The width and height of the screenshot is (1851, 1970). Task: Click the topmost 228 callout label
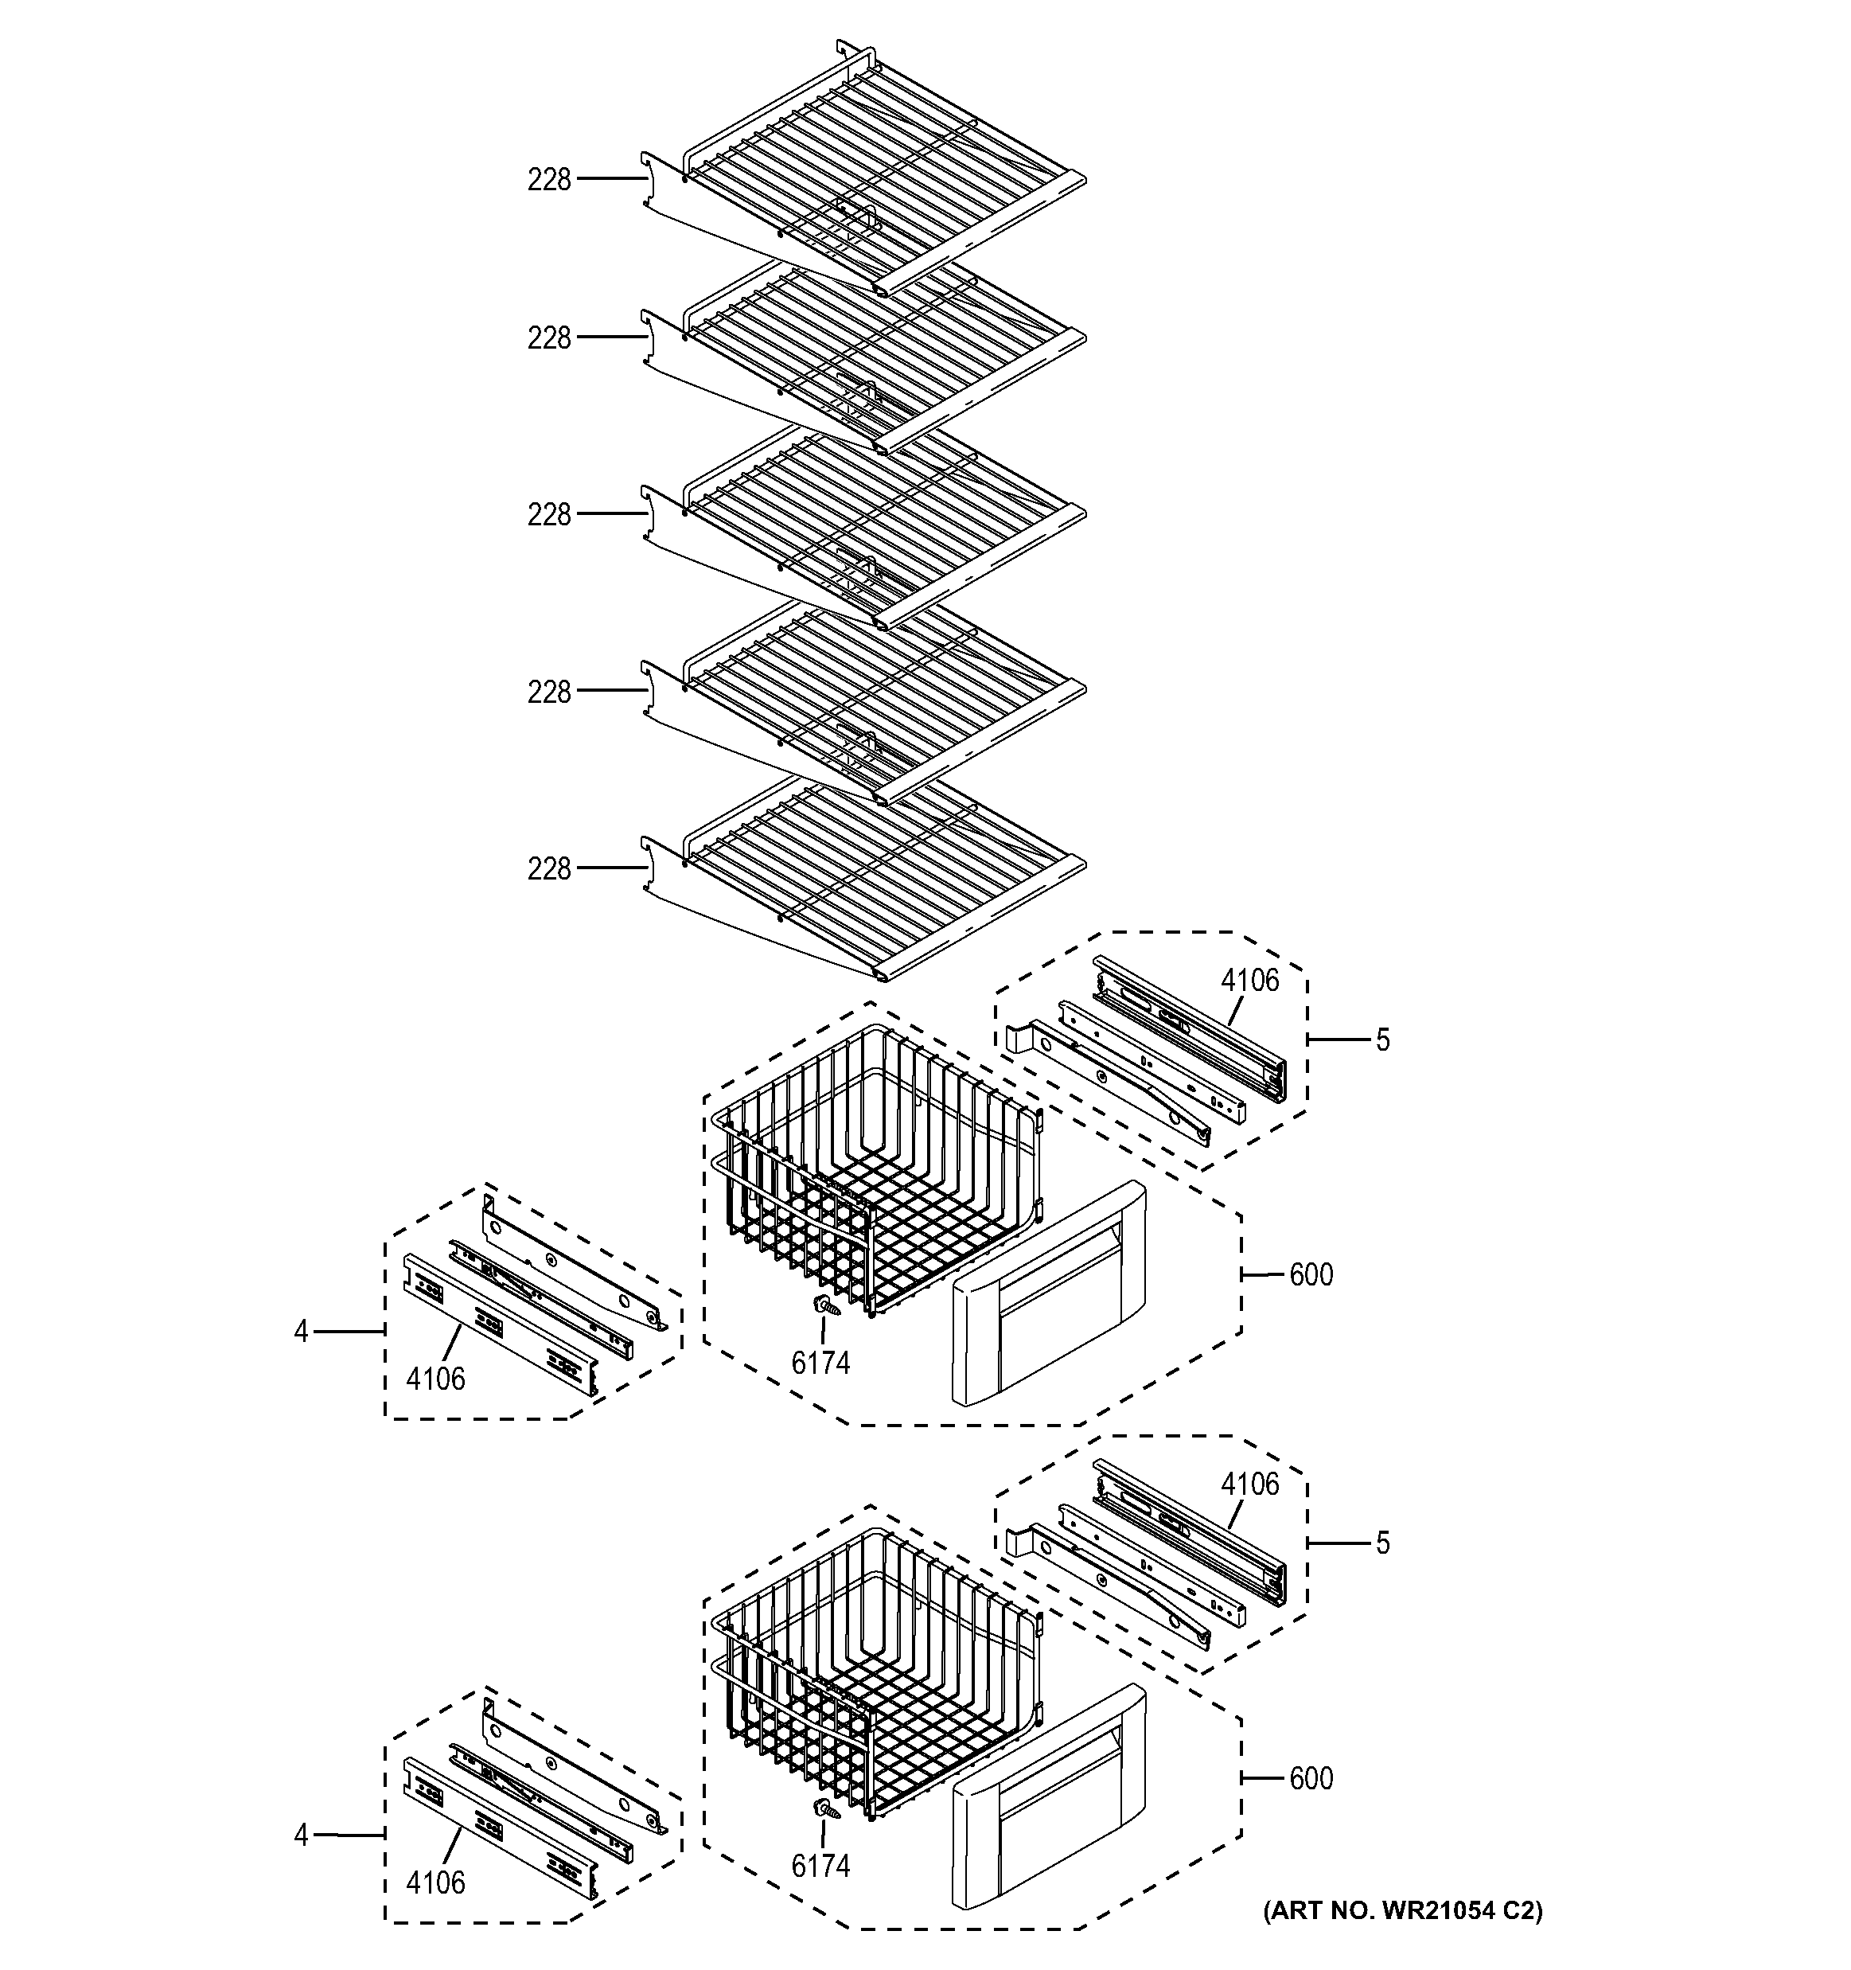pyautogui.click(x=549, y=179)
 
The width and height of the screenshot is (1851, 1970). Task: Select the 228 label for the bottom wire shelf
pyautogui.click(x=549, y=869)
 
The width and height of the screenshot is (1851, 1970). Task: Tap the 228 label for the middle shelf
pyautogui.click(x=549, y=515)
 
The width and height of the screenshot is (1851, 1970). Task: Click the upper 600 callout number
pyautogui.click(x=1310, y=1274)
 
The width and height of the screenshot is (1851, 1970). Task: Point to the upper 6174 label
pyautogui.click(x=820, y=1363)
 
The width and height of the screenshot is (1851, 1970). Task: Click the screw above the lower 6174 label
pyautogui.click(x=824, y=1809)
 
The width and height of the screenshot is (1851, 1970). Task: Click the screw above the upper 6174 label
pyautogui.click(x=824, y=1307)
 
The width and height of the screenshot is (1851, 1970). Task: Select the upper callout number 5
pyautogui.click(x=1382, y=1040)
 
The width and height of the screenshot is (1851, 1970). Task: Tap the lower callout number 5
pyautogui.click(x=1382, y=1543)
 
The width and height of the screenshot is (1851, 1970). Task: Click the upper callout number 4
pyautogui.click(x=302, y=1332)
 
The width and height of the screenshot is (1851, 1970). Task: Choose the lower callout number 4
pyautogui.click(x=302, y=1836)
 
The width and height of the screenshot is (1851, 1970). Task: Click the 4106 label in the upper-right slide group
pyautogui.click(x=1249, y=980)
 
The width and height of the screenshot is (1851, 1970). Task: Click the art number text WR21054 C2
pyautogui.click(x=1402, y=1910)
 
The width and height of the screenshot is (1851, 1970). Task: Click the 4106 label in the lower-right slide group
pyautogui.click(x=1249, y=1484)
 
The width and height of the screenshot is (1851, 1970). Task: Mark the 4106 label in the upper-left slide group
pyautogui.click(x=435, y=1379)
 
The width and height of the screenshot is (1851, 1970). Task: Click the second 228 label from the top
pyautogui.click(x=549, y=339)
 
